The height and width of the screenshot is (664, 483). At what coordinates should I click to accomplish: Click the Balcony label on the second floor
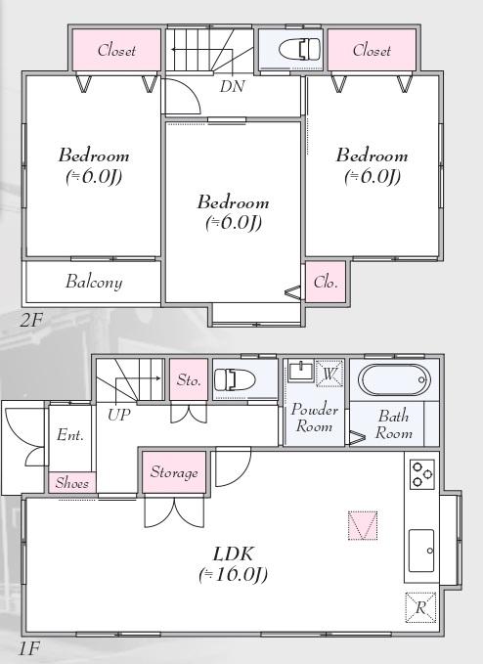pos(94,282)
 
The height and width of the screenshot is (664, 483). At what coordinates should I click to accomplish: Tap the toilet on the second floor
pos(300,49)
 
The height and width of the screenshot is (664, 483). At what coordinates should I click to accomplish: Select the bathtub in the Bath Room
pos(394,379)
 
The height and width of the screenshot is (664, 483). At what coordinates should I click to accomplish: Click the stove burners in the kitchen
pos(422,474)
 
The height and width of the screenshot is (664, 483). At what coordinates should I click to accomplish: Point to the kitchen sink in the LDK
pos(421,551)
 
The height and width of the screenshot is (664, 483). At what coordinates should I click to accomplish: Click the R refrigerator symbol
pos(420,607)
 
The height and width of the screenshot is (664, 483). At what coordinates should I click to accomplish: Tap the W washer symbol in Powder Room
pos(329,374)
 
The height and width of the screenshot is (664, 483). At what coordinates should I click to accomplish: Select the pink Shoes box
pos(72,482)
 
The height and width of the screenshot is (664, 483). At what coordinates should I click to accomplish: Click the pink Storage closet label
pos(174,472)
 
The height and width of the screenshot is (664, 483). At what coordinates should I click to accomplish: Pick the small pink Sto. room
pos(189,379)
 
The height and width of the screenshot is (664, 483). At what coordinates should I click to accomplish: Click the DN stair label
pos(232,86)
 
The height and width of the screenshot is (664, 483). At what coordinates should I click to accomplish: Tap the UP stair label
pos(119,415)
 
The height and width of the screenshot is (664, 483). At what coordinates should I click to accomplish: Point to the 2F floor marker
pos(31,320)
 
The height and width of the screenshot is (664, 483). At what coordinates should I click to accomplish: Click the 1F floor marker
pos(29,648)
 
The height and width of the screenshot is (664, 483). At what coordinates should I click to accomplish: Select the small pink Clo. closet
pos(326,282)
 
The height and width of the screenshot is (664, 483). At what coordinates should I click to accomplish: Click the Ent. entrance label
pos(70,435)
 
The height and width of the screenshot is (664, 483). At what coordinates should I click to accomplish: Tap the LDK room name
pos(234,553)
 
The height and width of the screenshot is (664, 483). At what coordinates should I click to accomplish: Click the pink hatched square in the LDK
pos(363,525)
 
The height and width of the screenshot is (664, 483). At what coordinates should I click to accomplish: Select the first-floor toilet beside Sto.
pos(235,379)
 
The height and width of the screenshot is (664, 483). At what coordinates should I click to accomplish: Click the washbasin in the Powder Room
pos(301,371)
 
